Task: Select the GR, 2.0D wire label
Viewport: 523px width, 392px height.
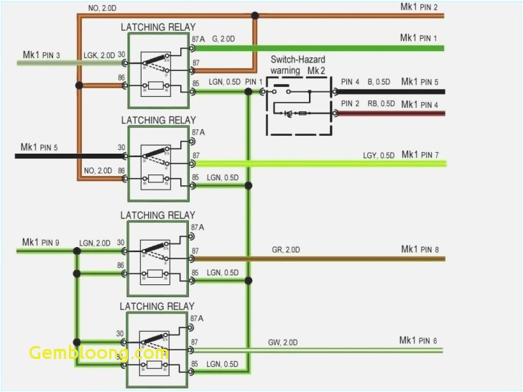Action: click(287, 250)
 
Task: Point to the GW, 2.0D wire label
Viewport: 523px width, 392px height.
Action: click(284, 342)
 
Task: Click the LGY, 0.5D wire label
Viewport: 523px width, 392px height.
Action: click(379, 155)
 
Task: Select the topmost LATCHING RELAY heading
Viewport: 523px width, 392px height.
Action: click(157, 27)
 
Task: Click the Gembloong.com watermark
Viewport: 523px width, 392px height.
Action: click(98, 353)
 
